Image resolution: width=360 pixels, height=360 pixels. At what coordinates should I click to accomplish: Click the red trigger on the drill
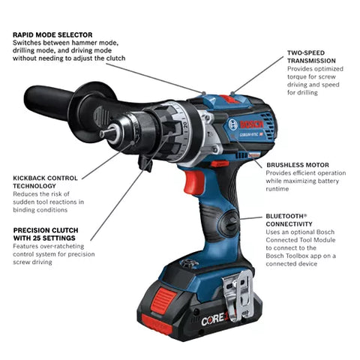pyautogui.click(x=193, y=183)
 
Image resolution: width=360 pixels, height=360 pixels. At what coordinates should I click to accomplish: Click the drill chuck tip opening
pyautogui.click(x=105, y=134)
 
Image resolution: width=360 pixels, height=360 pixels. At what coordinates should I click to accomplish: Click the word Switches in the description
pyautogui.click(x=28, y=43)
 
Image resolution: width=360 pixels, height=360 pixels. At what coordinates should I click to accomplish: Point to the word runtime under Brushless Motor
pyautogui.click(x=279, y=190)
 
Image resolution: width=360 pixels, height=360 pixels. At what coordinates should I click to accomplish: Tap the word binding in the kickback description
pyautogui.click(x=27, y=209)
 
